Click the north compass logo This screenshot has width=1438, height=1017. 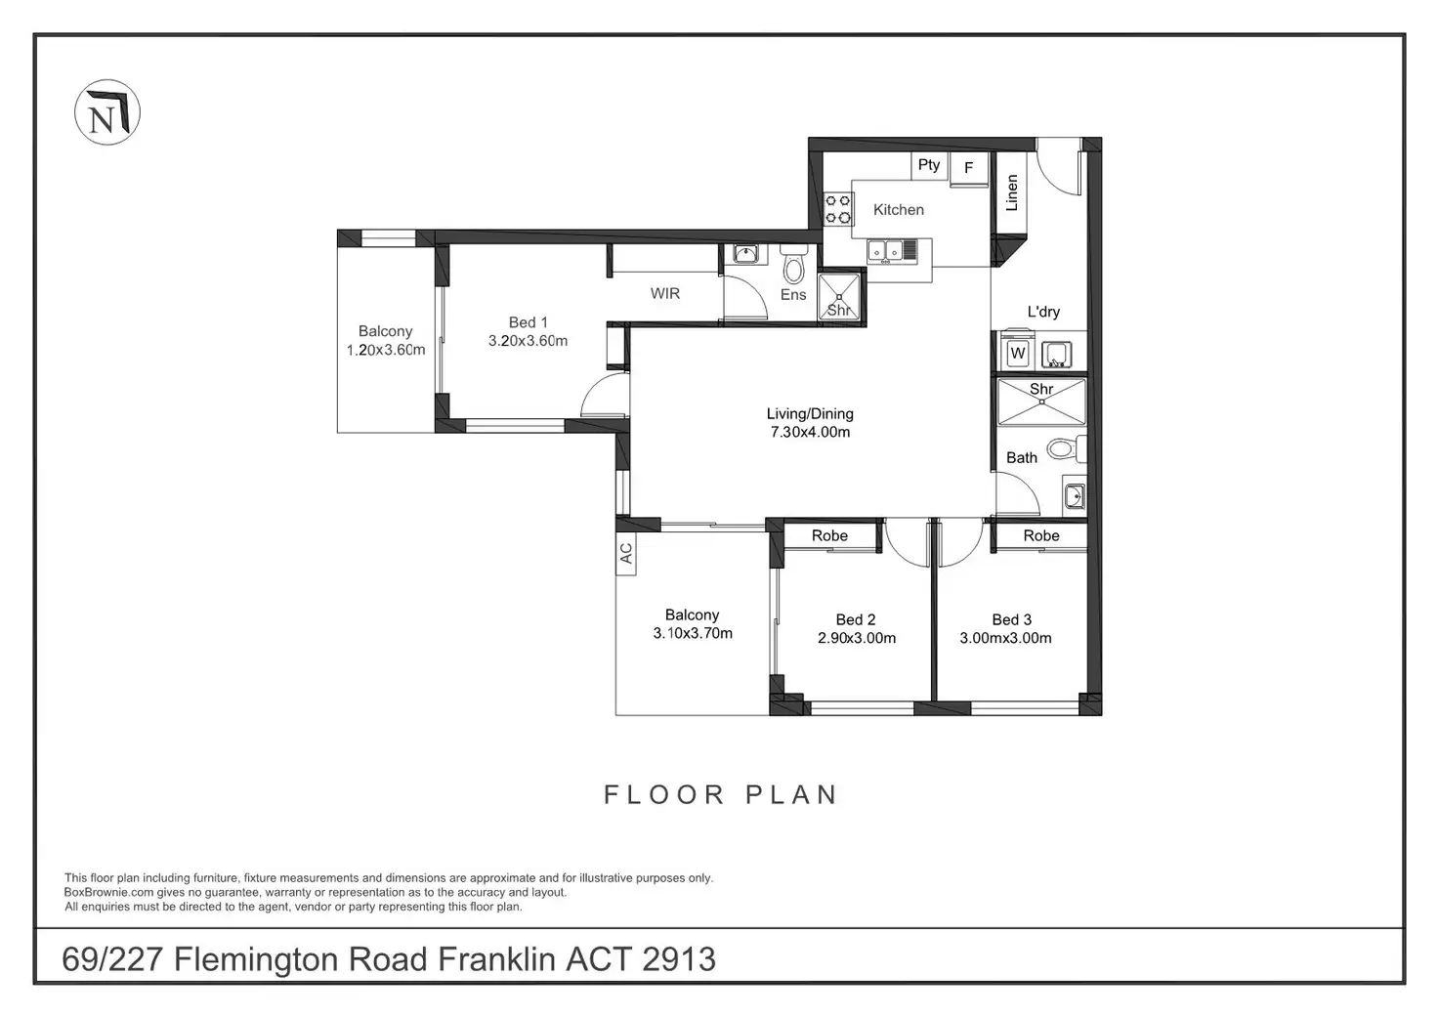107,112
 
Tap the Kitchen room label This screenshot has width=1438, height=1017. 898,209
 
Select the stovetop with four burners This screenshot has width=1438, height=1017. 838,209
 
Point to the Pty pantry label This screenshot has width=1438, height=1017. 928,165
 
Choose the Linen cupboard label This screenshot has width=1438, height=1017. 1012,192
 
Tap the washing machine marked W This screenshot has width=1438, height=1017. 1018,353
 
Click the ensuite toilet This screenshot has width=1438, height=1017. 793,266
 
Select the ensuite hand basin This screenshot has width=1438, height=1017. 744,254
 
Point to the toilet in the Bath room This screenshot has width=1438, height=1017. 1067,448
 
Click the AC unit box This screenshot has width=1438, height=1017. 626,554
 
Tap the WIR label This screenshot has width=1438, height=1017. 664,293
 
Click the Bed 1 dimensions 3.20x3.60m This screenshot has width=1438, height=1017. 528,341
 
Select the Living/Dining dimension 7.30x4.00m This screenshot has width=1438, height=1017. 810,432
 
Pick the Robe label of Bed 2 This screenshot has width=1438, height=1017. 829,535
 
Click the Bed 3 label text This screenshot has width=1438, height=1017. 1012,619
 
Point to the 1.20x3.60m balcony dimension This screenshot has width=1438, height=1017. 386,350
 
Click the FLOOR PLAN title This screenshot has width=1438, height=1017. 720,795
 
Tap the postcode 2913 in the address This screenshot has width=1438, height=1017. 679,959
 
